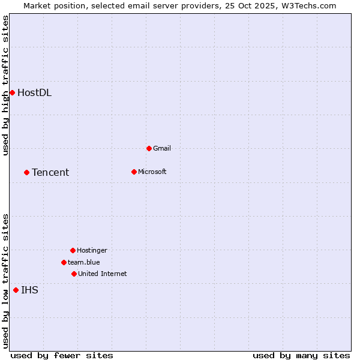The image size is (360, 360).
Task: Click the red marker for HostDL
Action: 12,92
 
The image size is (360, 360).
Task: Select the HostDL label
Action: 34,92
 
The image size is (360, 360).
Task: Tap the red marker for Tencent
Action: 26,172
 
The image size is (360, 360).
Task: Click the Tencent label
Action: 50,172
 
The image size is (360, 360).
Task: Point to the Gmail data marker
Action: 149,148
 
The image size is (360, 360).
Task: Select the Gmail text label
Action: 162,148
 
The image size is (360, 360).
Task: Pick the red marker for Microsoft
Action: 134,172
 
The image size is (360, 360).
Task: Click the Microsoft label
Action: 152,172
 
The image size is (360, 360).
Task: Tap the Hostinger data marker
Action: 73,250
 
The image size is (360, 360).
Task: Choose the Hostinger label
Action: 92,250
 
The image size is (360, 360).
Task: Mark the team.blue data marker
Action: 64,262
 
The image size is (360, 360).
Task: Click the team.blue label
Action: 84,262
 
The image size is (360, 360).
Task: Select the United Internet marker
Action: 74,274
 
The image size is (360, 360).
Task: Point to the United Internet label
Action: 102,274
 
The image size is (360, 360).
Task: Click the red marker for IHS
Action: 16,290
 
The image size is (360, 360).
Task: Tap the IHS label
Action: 29,290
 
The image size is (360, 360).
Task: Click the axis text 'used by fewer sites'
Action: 62,355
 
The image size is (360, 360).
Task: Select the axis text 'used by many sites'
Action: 301,355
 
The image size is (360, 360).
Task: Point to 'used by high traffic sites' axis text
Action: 6,85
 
